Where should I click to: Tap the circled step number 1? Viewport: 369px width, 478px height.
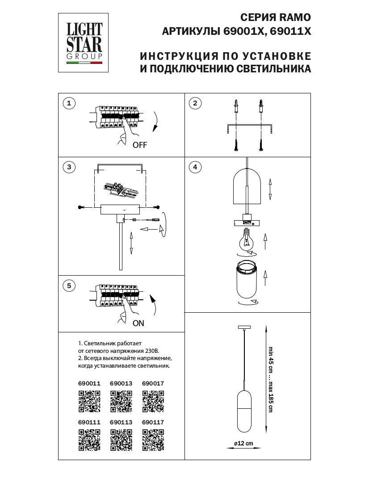coord(68,104)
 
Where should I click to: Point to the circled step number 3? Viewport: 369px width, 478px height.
coord(68,168)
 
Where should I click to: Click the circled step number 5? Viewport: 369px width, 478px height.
coord(68,286)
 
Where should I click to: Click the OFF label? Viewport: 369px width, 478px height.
coord(139,145)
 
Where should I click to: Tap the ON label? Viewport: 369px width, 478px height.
coord(138,323)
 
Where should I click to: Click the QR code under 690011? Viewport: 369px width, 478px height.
coord(89,401)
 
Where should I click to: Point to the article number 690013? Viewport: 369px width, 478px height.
coord(121,383)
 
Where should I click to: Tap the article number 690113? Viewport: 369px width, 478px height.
coord(121,422)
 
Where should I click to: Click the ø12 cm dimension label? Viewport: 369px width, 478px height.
coord(243,443)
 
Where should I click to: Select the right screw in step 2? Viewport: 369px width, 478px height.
coord(260,145)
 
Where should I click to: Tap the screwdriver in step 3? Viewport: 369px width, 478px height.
coord(153,220)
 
